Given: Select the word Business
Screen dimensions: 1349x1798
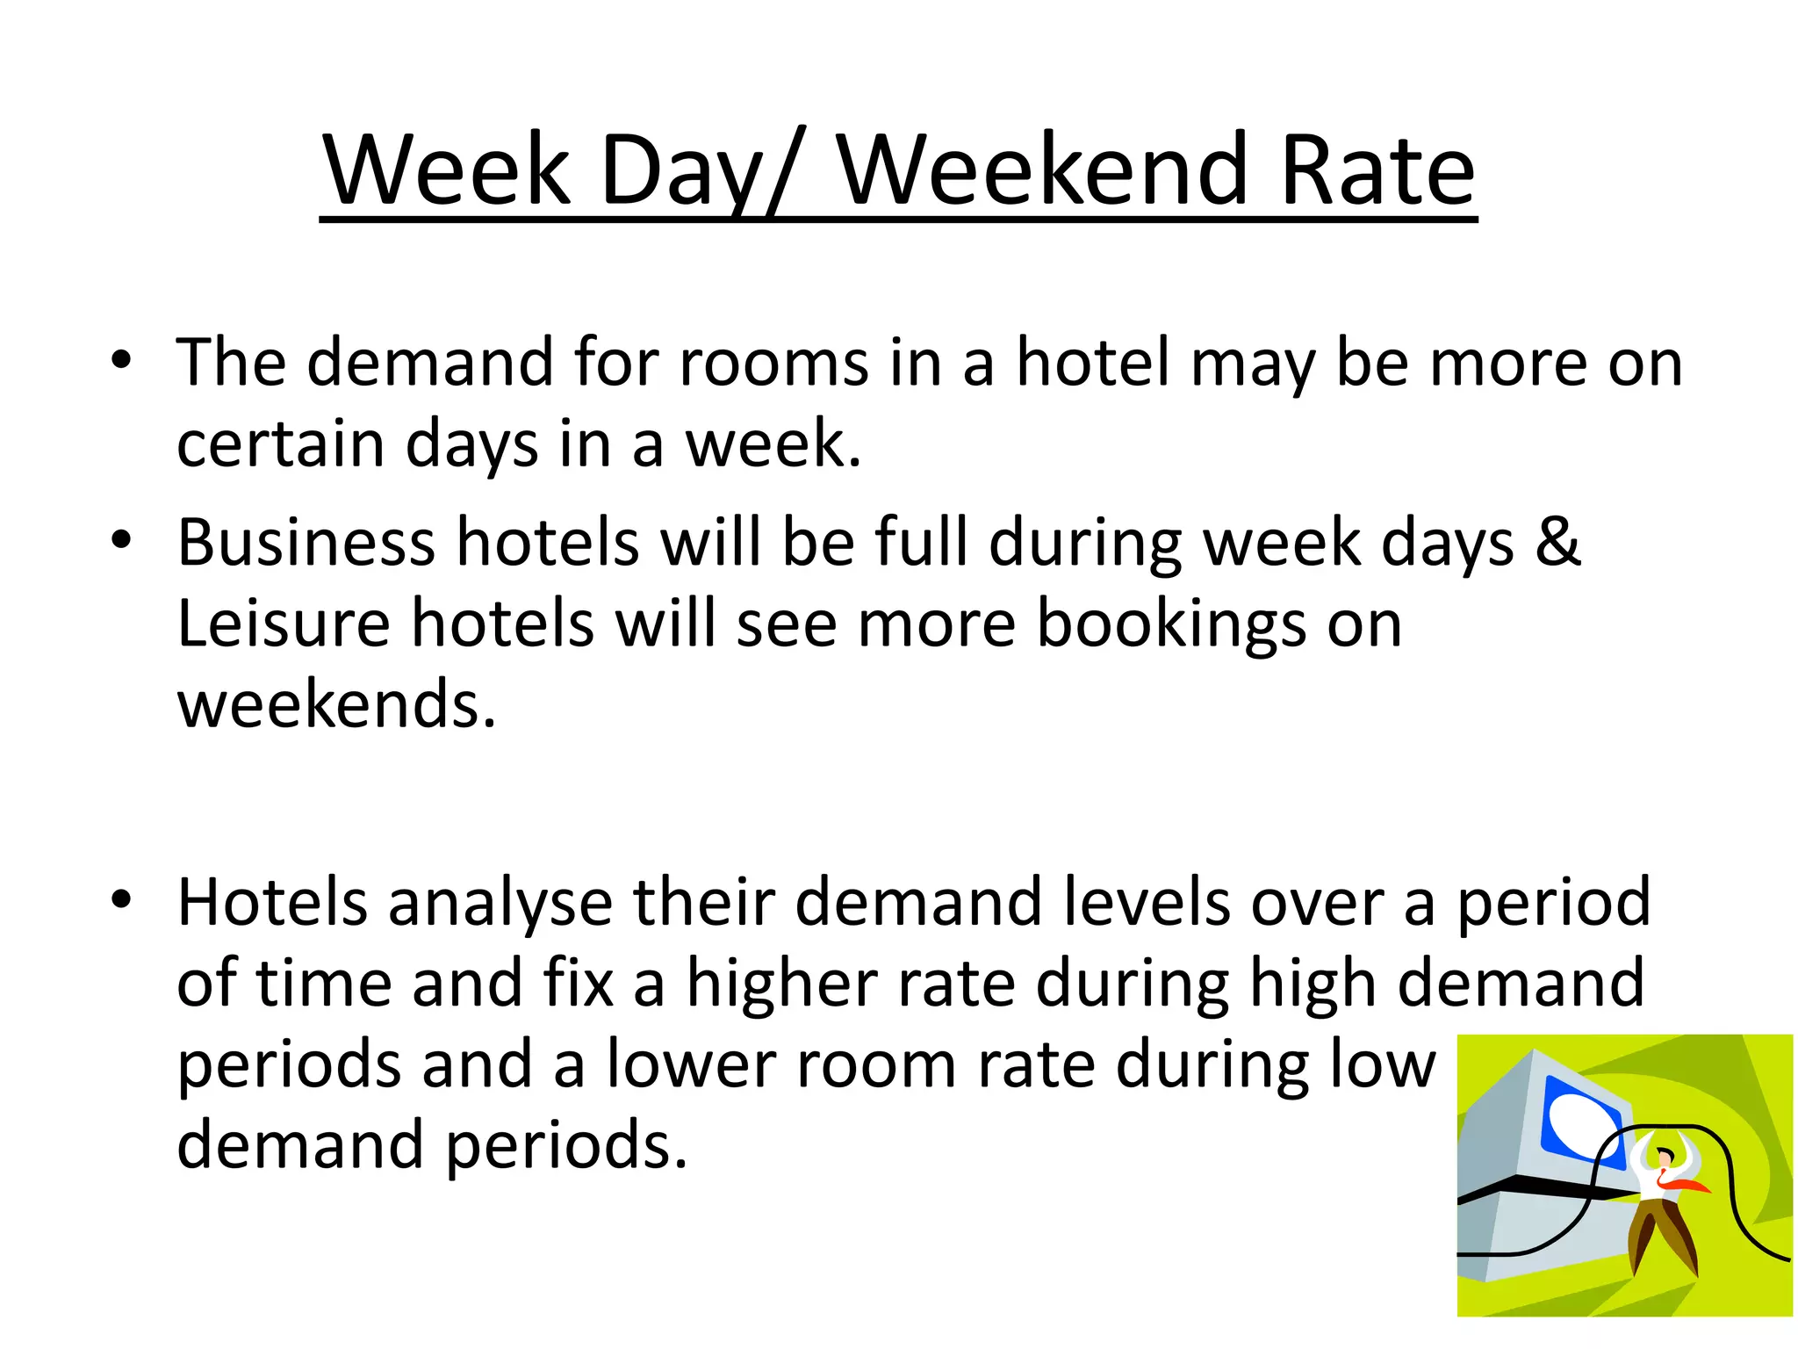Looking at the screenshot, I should coord(306,542).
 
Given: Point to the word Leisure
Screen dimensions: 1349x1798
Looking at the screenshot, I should coord(284,624).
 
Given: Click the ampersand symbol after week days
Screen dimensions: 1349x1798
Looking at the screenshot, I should coord(1558,542).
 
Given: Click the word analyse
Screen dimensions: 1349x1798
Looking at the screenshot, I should coord(500,903).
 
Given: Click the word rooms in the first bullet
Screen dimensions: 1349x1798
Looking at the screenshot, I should coord(773,363).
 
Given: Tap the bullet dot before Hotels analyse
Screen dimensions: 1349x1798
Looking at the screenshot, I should coord(121,899).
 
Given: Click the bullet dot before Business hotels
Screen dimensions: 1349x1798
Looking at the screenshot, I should coord(121,539).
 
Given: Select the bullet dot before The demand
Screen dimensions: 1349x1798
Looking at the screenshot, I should coord(121,359).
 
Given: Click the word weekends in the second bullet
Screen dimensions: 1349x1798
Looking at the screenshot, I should coord(336,704).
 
